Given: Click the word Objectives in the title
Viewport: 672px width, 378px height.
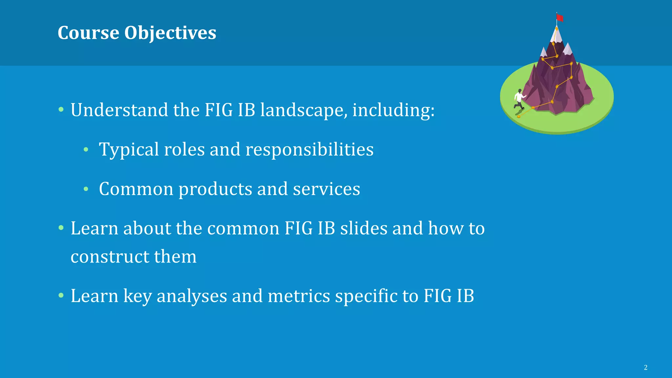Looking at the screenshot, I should tap(170, 33).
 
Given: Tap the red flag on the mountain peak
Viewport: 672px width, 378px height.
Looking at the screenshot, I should tap(560, 18).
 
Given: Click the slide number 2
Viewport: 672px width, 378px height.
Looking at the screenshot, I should tap(645, 367).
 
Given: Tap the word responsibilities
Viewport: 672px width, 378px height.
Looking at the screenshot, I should tap(309, 150).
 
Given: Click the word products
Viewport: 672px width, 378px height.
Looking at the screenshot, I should tap(215, 189).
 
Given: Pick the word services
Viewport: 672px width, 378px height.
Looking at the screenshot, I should tap(326, 189).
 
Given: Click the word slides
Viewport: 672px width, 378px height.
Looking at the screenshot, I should tap(364, 228).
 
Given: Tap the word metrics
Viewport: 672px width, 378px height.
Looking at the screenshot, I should tap(299, 296).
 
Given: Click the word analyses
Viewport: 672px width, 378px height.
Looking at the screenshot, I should tap(192, 296).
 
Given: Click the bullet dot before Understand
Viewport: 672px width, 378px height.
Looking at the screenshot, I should tap(61, 110).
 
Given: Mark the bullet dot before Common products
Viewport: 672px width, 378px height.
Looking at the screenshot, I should tap(86, 189).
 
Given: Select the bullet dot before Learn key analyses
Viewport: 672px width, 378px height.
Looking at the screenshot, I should tap(61, 296).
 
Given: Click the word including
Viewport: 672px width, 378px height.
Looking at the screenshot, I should tap(393, 110).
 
